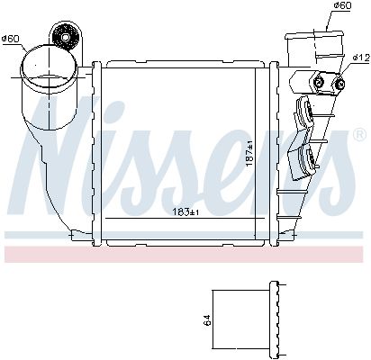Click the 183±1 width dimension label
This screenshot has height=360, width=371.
pos(185,212)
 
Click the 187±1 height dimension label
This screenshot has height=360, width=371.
pos(249,154)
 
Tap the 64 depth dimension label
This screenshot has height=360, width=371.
pos(207,319)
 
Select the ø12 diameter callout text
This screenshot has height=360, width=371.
pos(361,58)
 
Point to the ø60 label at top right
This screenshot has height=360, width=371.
pos(342,5)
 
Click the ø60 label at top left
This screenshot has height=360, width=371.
pos(10,39)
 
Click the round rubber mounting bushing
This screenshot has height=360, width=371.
pos(65,37)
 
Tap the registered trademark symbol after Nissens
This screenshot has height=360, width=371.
pos(359,135)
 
